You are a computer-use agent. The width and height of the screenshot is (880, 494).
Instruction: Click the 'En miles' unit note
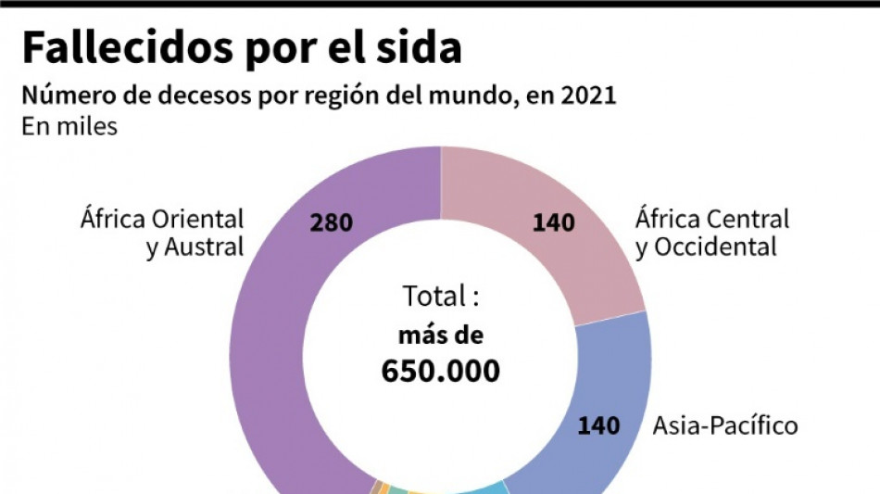point(69,126)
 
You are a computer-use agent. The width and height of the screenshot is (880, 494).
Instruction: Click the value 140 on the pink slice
point(553,222)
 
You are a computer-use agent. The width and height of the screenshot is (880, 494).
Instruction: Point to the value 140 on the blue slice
point(598,426)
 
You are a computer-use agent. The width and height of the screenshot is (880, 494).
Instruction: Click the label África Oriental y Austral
point(162,234)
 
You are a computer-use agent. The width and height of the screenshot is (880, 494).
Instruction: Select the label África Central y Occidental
point(711,234)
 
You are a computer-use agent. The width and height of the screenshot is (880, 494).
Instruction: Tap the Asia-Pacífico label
point(724,426)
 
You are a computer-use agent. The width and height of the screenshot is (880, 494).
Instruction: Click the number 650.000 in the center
point(441,371)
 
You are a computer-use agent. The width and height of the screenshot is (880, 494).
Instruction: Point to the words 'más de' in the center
point(441,336)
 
